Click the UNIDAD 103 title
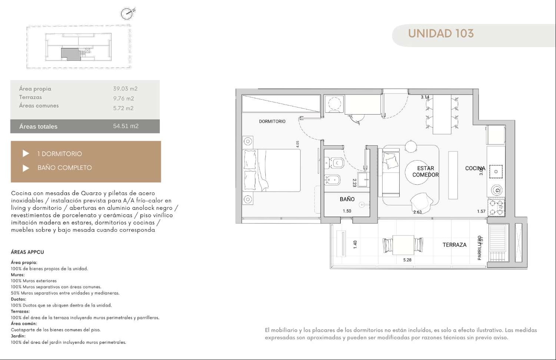click(441, 33)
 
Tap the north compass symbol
click(127, 13)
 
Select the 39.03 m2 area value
click(125, 89)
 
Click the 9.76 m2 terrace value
click(123, 98)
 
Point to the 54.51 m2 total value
click(126, 126)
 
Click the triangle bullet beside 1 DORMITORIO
click(26, 153)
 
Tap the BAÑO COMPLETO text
click(64, 168)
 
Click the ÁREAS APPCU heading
click(27, 252)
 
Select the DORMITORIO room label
click(272, 121)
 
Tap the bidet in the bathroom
click(332, 180)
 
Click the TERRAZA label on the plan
click(454, 245)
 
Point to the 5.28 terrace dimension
click(407, 260)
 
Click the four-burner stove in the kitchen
click(496, 208)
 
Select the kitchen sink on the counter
click(496, 172)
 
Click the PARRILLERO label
click(479, 248)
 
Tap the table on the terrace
click(403, 245)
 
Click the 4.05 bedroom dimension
click(298, 144)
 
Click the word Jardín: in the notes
click(18, 336)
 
